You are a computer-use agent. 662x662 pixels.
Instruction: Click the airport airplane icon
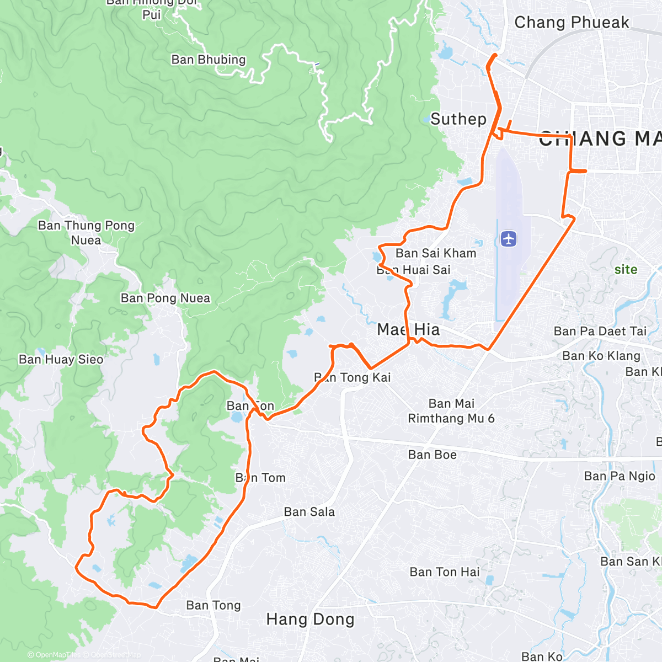pos(509,239)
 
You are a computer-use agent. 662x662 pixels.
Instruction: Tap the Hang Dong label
pos(310,620)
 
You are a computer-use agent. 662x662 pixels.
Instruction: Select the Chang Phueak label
pos(572,23)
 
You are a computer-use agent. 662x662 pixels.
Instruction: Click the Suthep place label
pos(458,119)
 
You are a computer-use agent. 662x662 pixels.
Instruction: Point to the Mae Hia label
pos(409,330)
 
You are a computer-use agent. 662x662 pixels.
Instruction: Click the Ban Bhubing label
pos(208,60)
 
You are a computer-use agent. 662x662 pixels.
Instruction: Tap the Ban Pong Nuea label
pos(165,298)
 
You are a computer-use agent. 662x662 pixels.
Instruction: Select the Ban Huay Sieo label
pos(61,360)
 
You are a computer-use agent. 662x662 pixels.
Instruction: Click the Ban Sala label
pos(309,512)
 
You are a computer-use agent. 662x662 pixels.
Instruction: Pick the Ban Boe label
pos(433,455)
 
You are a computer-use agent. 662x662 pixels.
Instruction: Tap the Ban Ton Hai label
pos(445,572)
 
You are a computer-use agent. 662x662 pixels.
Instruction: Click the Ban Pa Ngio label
pos(620,476)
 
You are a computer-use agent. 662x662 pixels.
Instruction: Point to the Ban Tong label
pos(213,606)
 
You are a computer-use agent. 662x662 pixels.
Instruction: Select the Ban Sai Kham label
pos(436,253)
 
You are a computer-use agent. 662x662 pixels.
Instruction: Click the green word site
pos(626,270)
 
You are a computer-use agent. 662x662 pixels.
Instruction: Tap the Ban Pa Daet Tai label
pos(600,332)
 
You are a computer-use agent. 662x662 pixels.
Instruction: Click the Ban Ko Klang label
pos(601,356)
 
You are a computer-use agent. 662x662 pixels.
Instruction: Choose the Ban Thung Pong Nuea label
pos(86,233)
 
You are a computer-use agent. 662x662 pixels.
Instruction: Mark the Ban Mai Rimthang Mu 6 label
pos(451,411)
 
